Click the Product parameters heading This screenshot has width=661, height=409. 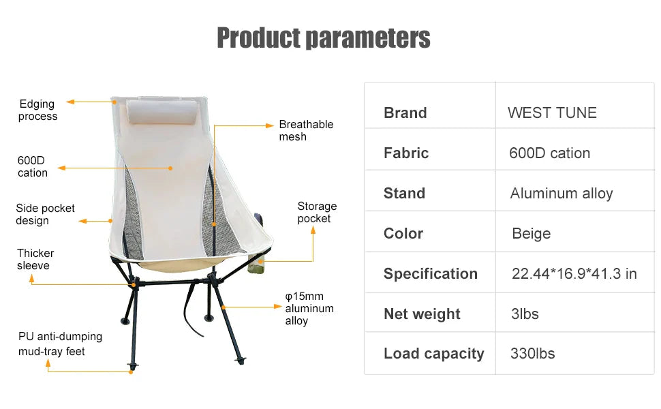[323, 38]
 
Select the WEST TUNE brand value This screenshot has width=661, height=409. [552, 113]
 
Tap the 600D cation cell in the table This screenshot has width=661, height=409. [549, 153]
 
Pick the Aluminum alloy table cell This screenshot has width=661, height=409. [562, 194]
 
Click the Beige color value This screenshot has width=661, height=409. [531, 234]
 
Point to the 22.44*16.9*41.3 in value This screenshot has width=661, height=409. [574, 274]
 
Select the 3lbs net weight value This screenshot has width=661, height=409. [524, 314]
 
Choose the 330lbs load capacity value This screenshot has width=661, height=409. [532, 354]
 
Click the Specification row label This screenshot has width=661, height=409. [430, 274]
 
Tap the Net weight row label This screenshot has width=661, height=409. [422, 314]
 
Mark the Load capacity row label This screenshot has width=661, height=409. [433, 354]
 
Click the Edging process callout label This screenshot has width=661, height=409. [37, 110]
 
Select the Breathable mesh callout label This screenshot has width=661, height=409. [306, 131]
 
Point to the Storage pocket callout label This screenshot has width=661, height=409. [317, 213]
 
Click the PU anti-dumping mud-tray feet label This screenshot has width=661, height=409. [60, 344]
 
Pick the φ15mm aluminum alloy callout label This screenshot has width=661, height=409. [309, 309]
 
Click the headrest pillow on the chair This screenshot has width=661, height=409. [162, 112]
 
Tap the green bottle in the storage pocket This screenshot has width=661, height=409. [257, 266]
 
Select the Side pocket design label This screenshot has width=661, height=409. [45, 215]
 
